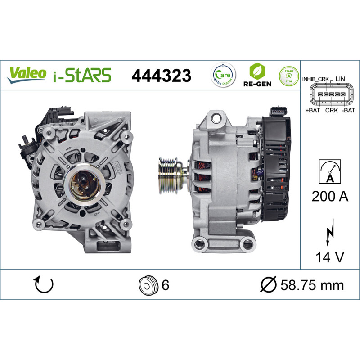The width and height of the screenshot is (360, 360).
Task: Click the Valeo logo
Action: pos(27,75)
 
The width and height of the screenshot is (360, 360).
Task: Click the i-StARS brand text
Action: pos(82,75)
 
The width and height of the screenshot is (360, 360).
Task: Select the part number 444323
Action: pos(161,76)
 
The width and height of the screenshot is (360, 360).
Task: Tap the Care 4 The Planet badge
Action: pos(223,75)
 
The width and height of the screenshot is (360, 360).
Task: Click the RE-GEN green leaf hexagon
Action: pos(257,71)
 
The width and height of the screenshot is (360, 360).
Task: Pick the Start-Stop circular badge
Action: pos(289,76)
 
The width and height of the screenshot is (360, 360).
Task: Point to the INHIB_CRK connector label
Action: pos(315,79)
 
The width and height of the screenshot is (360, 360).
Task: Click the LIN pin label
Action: pos(340,79)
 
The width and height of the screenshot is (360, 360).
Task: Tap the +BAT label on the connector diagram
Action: pos(312,110)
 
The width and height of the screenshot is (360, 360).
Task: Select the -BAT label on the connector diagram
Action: pos(348,110)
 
